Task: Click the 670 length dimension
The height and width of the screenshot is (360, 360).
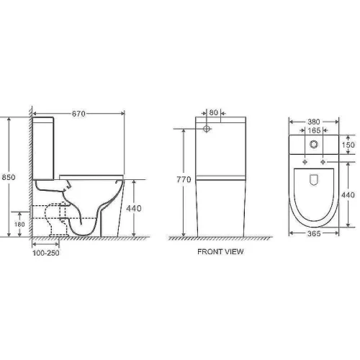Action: [x=78, y=114]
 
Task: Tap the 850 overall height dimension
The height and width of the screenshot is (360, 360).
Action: [x=9, y=177]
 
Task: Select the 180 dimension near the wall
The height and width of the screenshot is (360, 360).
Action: [x=19, y=225]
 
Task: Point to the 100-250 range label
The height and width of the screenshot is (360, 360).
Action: [x=46, y=253]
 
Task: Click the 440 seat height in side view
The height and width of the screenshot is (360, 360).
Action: [x=134, y=208]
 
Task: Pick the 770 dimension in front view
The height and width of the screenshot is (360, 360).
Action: [x=184, y=179]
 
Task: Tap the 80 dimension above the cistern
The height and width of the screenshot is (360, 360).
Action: [x=213, y=112]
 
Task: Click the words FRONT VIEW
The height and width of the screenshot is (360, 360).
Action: [x=220, y=251]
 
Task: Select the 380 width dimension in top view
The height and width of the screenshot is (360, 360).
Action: [x=314, y=122]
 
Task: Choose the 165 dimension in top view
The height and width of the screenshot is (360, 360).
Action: [x=314, y=130]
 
